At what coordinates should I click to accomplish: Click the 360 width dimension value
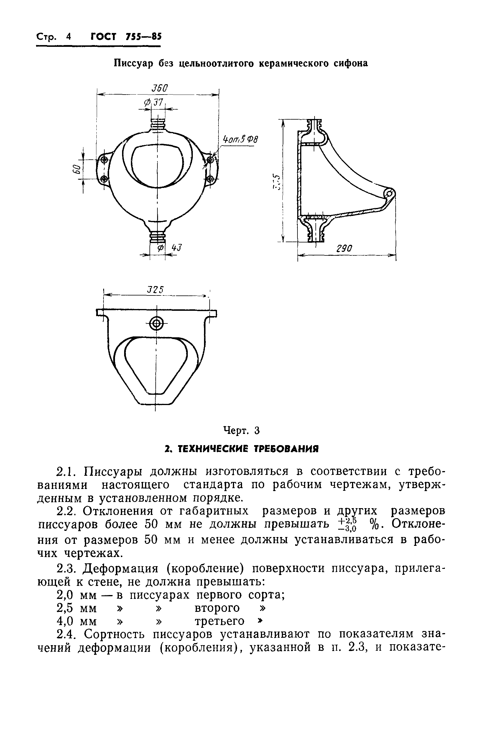(160, 88)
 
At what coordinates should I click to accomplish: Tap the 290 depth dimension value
(344, 249)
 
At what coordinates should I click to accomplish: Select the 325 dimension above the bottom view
(156, 290)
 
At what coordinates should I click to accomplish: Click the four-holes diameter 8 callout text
(240, 139)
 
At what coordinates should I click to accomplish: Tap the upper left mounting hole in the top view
(104, 160)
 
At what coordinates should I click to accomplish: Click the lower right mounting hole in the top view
(210, 179)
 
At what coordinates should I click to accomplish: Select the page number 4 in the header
(69, 37)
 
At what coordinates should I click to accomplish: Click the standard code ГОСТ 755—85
(126, 37)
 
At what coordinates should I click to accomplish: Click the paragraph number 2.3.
(66, 568)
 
